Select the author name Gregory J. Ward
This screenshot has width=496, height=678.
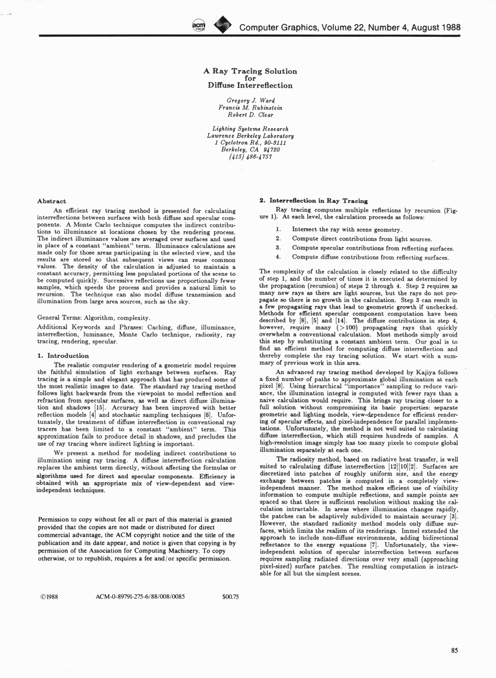tap(250, 100)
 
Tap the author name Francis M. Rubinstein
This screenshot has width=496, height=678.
tap(250, 108)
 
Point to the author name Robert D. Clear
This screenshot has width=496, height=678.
tap(250, 115)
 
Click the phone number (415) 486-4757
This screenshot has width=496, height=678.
tap(250, 157)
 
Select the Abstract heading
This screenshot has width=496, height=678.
tap(51, 201)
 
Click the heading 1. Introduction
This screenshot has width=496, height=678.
tap(63, 356)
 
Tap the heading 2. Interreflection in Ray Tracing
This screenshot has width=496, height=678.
tap(314, 201)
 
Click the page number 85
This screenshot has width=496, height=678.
tap(454, 650)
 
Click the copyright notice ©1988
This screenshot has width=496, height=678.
tap(50, 597)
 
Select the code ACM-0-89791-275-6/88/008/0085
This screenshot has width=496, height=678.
tap(140, 597)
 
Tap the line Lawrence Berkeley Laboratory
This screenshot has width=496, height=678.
tap(250, 136)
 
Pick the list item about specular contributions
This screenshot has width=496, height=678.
tap(373, 248)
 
